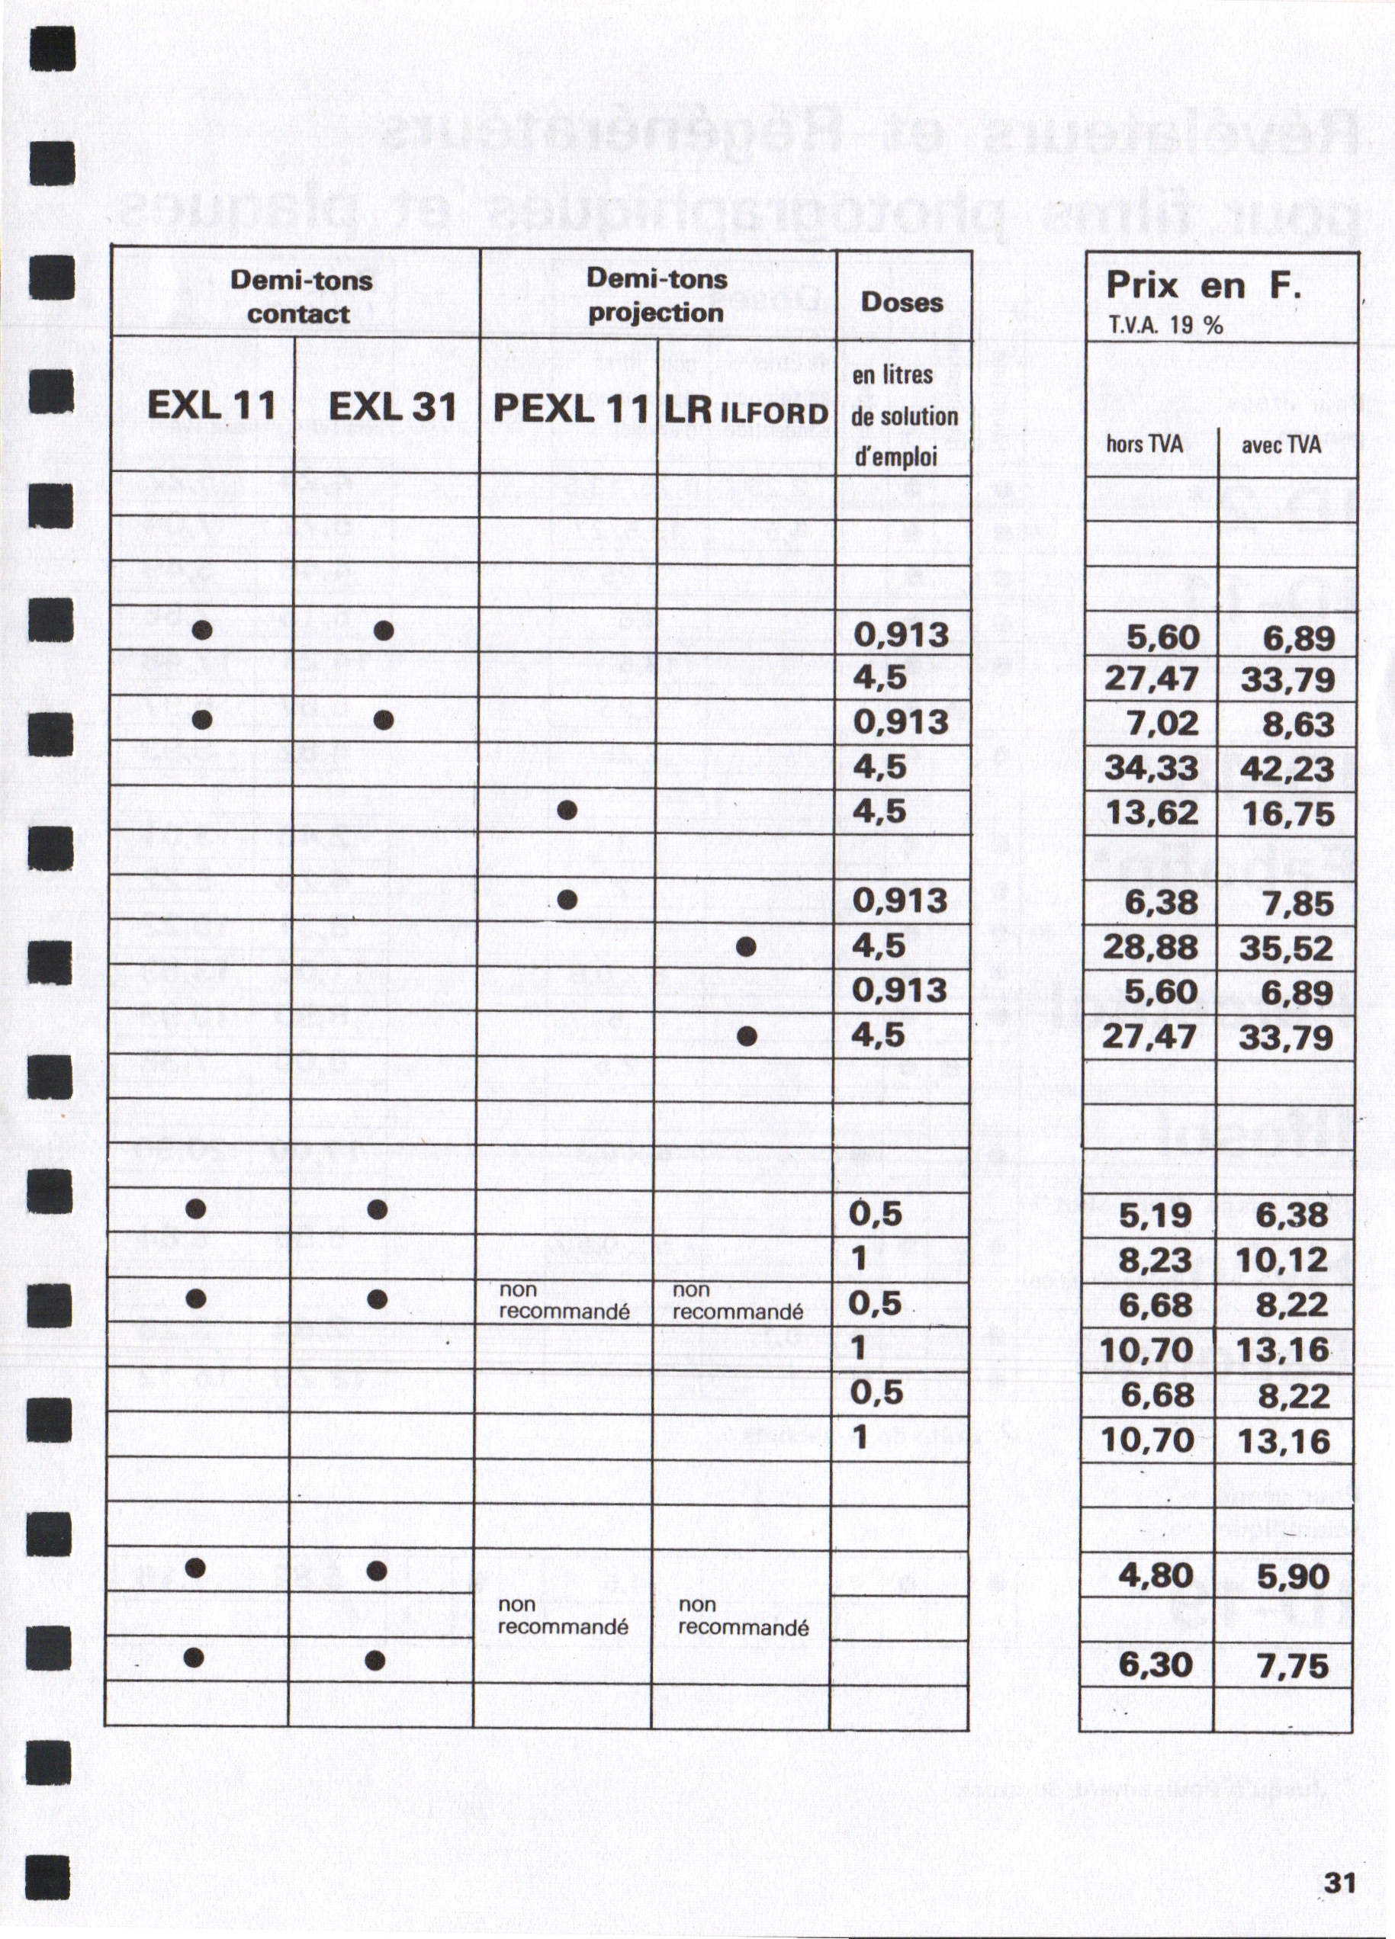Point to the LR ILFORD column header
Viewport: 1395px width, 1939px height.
(746, 411)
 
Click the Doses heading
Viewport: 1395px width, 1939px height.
(902, 302)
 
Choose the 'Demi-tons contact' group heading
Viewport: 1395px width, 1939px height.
(301, 297)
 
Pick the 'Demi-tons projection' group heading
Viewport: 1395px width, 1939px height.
(656, 295)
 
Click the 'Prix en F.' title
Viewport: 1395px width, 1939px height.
(1204, 285)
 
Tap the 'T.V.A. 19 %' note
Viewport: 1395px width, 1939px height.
(1164, 326)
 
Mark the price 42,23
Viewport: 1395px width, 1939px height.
(1287, 769)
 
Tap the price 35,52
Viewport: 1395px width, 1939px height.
(1287, 948)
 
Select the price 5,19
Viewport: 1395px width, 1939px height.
(1155, 1215)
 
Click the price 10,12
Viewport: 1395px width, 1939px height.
(1281, 1260)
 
